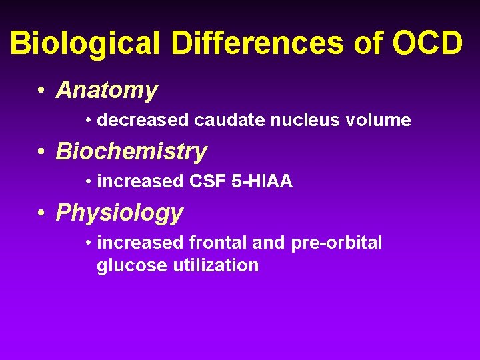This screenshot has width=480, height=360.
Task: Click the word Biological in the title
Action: tap(85, 44)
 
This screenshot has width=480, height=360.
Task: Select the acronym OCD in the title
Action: tap(427, 44)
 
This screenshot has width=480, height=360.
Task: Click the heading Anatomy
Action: tap(107, 90)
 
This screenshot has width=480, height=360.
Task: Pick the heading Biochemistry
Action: tap(131, 151)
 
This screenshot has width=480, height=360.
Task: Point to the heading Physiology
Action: tap(119, 213)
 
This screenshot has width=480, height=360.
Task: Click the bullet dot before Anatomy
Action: tap(41, 91)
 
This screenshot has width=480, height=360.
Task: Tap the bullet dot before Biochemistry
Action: tap(41, 152)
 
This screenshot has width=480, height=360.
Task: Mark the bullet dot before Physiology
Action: tap(41, 213)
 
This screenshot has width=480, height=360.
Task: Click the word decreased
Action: tap(143, 121)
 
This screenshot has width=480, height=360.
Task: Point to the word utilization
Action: tap(216, 266)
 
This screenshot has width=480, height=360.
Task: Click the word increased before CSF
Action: tap(140, 182)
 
